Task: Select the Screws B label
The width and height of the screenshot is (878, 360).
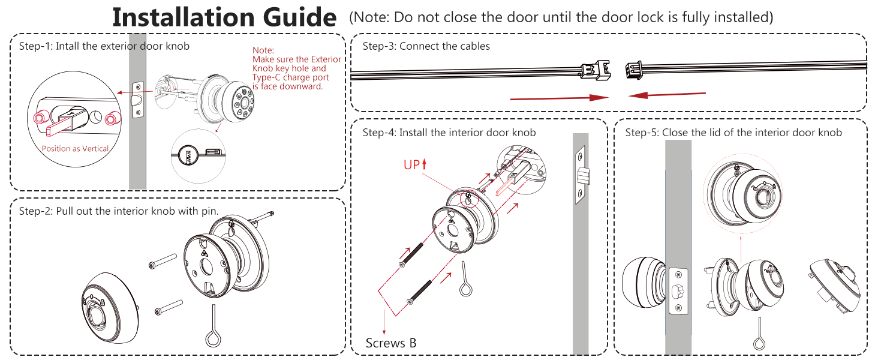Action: coord(391,343)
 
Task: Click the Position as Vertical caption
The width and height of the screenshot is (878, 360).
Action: coord(75,149)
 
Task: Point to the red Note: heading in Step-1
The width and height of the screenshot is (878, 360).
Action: coord(263,50)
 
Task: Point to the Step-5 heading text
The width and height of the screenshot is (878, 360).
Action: coord(733,133)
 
